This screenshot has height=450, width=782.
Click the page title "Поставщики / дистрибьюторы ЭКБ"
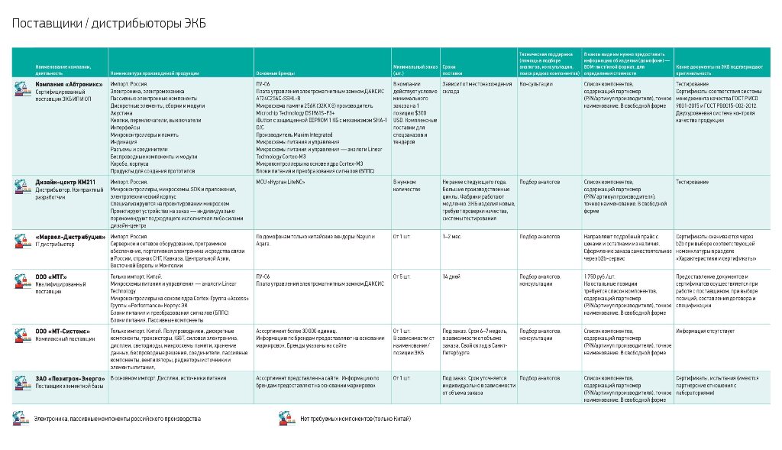(x=108, y=24)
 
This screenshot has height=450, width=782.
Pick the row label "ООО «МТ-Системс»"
(x=63, y=331)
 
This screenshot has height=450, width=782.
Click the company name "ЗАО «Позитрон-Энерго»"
(x=70, y=377)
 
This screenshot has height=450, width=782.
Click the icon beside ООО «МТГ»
(x=22, y=278)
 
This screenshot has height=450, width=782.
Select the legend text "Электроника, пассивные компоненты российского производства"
(x=117, y=419)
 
